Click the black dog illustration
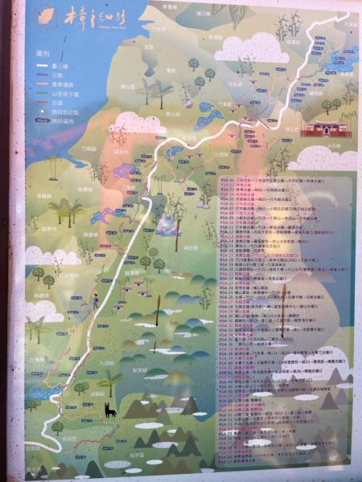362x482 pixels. click(108, 411)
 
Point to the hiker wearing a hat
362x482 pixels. click(96, 300)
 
